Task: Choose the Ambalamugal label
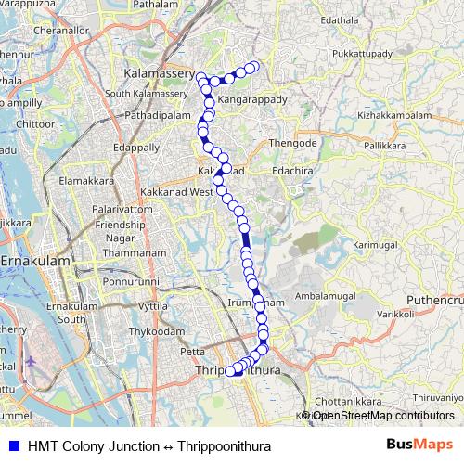coord(325,297)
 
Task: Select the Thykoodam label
coord(152,330)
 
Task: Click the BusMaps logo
coord(419,445)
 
